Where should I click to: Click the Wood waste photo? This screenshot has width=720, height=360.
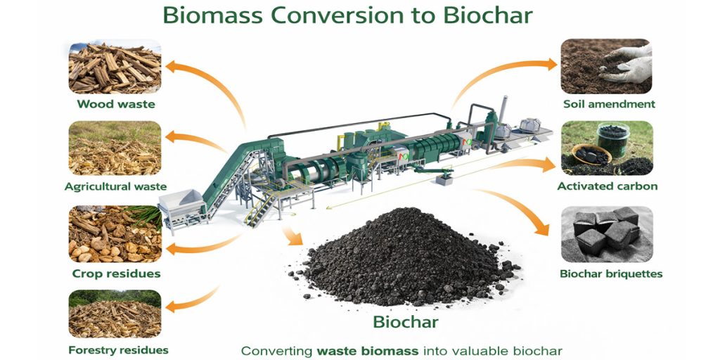(x=115, y=67)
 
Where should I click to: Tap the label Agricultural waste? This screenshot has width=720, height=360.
(x=115, y=186)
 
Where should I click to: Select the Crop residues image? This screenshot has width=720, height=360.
(x=115, y=234)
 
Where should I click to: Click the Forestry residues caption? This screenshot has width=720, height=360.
(x=118, y=349)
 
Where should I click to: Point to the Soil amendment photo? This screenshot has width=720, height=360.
(x=606, y=67)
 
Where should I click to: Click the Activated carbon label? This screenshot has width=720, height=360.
(x=607, y=186)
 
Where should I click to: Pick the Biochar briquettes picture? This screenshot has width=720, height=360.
(x=606, y=234)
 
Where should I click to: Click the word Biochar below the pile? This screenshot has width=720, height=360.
(x=406, y=323)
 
